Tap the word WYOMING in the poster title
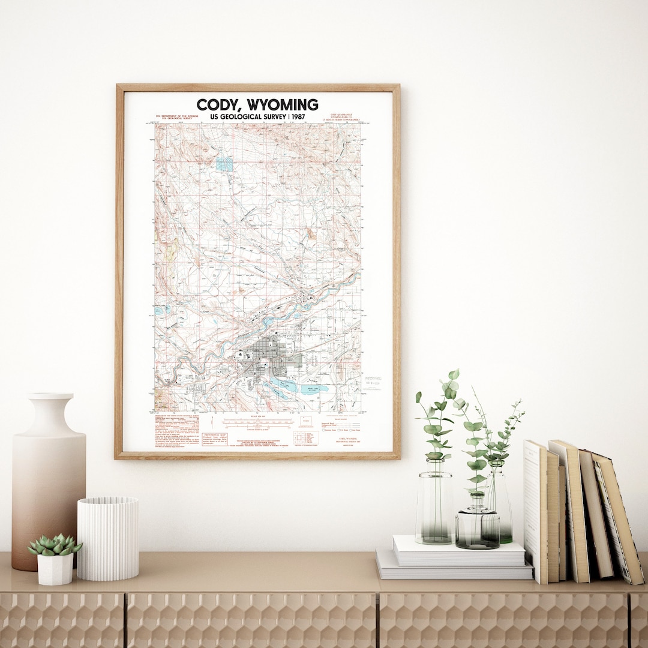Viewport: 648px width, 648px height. click(x=282, y=104)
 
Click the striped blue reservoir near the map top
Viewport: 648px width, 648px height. click(x=223, y=163)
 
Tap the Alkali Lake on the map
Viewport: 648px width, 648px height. click(x=314, y=388)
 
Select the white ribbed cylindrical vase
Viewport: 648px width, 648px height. click(x=108, y=538)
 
